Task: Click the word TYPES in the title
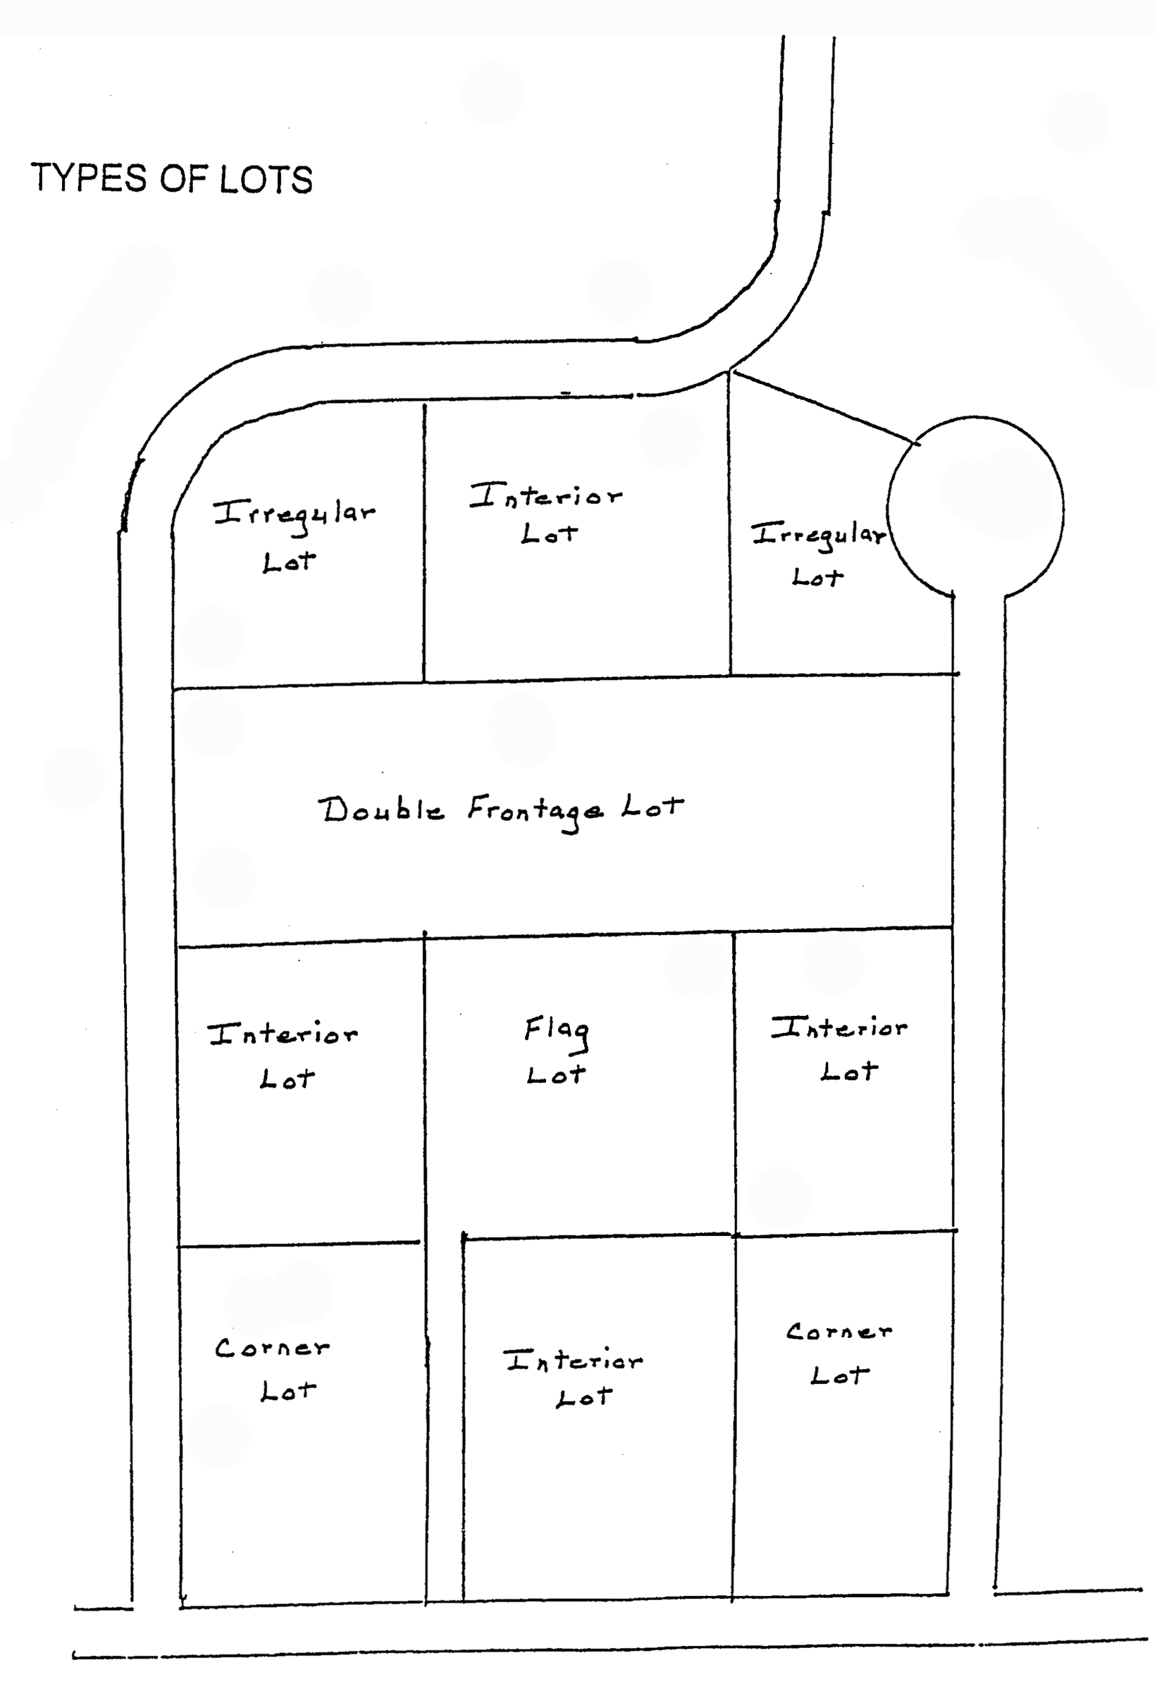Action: pyautogui.click(x=88, y=178)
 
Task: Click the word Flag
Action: pyautogui.click(x=557, y=1032)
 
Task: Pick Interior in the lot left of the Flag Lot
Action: pyautogui.click(x=283, y=1033)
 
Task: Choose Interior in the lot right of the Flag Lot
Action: pyautogui.click(x=839, y=1027)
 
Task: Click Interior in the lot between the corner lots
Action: pyautogui.click(x=574, y=1360)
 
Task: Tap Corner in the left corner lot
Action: pyautogui.click(x=272, y=1348)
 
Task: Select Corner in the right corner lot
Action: pyautogui.click(x=839, y=1332)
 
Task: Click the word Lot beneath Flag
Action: pyautogui.click(x=556, y=1074)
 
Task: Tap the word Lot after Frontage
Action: pyautogui.click(x=652, y=807)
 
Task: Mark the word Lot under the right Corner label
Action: pyautogui.click(x=840, y=1375)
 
